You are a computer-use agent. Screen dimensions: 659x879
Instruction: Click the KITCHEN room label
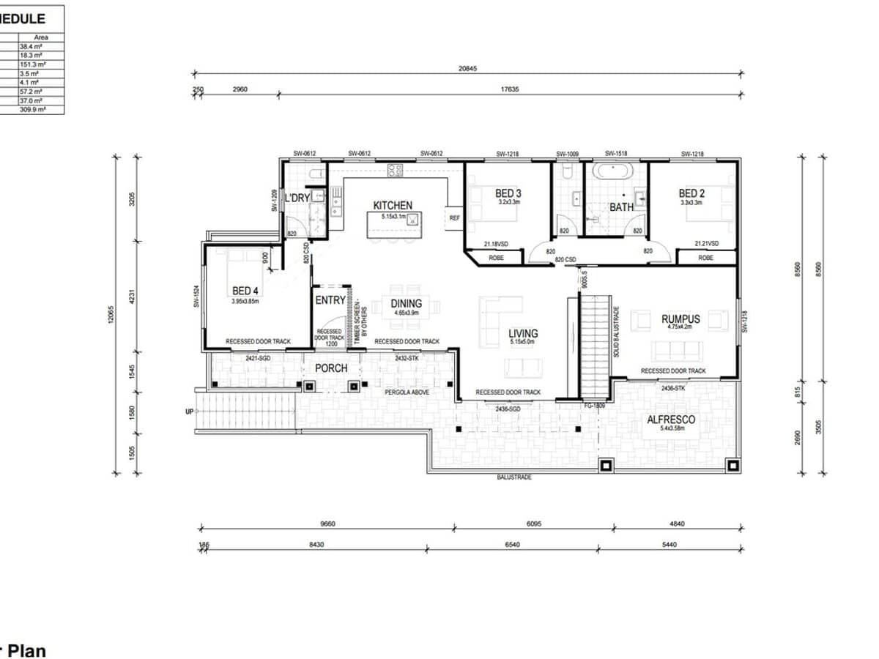pos(393,206)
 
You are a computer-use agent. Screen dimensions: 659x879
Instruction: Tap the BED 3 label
pos(508,193)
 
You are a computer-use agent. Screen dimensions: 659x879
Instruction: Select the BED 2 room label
pos(691,193)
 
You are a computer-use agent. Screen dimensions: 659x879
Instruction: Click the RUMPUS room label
pos(680,319)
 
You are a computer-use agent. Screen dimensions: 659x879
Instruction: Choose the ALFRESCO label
pos(670,420)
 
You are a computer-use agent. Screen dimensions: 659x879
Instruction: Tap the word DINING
pos(407,304)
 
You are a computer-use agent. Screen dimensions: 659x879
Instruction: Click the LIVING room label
pos(523,333)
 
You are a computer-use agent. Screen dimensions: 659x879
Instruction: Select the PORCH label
pos(331,368)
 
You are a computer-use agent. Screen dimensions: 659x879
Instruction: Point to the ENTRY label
pos(330,300)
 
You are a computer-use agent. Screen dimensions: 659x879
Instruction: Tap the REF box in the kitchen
pos(454,217)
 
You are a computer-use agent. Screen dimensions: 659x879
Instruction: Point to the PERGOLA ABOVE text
pos(407,393)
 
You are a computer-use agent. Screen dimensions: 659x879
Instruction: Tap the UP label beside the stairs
pos(189,412)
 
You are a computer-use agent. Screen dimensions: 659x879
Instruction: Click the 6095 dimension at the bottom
pos(533,524)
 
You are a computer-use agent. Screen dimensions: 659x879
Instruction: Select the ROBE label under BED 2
pos(705,258)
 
